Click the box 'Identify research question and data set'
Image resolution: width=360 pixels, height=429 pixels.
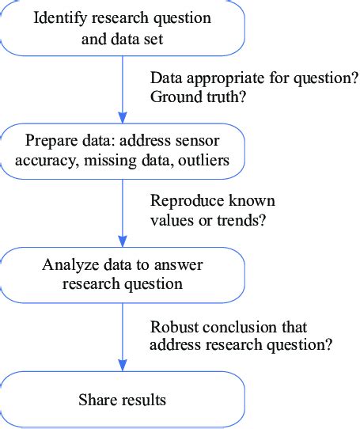(122, 28)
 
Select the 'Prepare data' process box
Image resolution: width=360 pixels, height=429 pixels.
(122, 150)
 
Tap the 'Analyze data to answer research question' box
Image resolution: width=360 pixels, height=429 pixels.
(122, 273)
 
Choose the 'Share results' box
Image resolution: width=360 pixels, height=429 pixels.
(122, 400)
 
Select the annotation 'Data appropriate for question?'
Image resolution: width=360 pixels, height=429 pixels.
(254, 78)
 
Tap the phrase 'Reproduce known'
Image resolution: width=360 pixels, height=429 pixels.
(212, 200)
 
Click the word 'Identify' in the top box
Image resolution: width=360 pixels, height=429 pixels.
(58, 18)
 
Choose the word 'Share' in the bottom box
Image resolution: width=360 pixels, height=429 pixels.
(97, 400)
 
